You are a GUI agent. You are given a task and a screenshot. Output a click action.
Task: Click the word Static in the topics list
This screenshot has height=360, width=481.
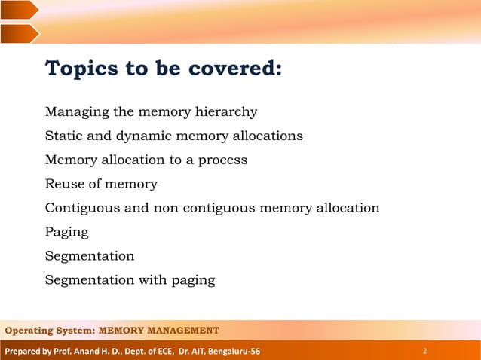(64, 136)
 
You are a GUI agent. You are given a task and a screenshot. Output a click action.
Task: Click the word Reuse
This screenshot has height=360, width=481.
(64, 184)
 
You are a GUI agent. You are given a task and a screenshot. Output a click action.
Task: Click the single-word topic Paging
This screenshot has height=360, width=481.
(66, 233)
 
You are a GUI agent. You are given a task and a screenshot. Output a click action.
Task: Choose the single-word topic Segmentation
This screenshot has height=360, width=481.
(90, 256)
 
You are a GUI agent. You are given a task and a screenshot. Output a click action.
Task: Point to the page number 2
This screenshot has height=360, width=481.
(425, 351)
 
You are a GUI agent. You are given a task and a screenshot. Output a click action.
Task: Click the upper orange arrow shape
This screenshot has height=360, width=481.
(19, 10)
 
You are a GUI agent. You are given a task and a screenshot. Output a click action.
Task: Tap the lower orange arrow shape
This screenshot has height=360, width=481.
(19, 33)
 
